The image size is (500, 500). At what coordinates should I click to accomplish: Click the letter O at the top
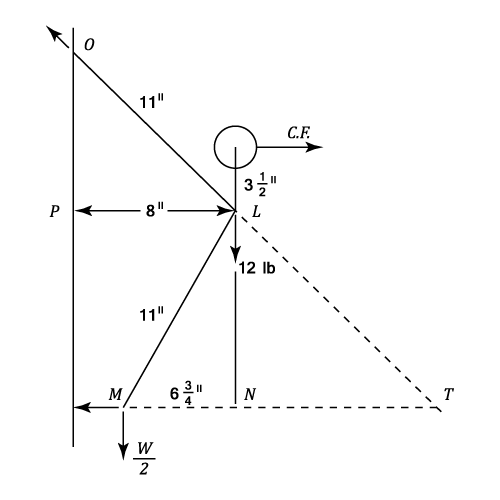[x=89, y=45]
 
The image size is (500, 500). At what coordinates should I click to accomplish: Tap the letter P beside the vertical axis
[x=55, y=211]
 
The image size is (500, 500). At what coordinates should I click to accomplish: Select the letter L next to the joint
[x=256, y=211]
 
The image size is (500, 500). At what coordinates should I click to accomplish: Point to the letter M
[x=115, y=394]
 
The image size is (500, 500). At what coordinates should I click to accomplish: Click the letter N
[x=250, y=394]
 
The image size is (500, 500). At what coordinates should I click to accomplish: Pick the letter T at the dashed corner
[x=448, y=394]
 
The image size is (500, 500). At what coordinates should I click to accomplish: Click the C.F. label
[x=299, y=133]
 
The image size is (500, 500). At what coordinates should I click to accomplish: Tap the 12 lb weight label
[x=257, y=268]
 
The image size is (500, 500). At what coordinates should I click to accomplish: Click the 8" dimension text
[x=155, y=210]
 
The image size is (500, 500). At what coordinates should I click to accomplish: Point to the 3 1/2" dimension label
[x=260, y=185]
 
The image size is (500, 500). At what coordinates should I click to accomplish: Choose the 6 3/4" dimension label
[x=186, y=393]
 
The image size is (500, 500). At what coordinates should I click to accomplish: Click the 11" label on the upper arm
[x=152, y=102]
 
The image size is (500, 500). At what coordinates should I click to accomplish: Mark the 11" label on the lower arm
[x=152, y=315]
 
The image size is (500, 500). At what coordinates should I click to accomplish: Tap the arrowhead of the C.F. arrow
[x=314, y=147]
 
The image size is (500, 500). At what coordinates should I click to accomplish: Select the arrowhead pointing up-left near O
[x=53, y=32]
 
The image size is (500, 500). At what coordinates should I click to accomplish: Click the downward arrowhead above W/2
[x=123, y=452]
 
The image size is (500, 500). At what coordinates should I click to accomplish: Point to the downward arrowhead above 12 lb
[x=236, y=255]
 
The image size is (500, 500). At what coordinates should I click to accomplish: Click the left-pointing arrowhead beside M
[x=82, y=407]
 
